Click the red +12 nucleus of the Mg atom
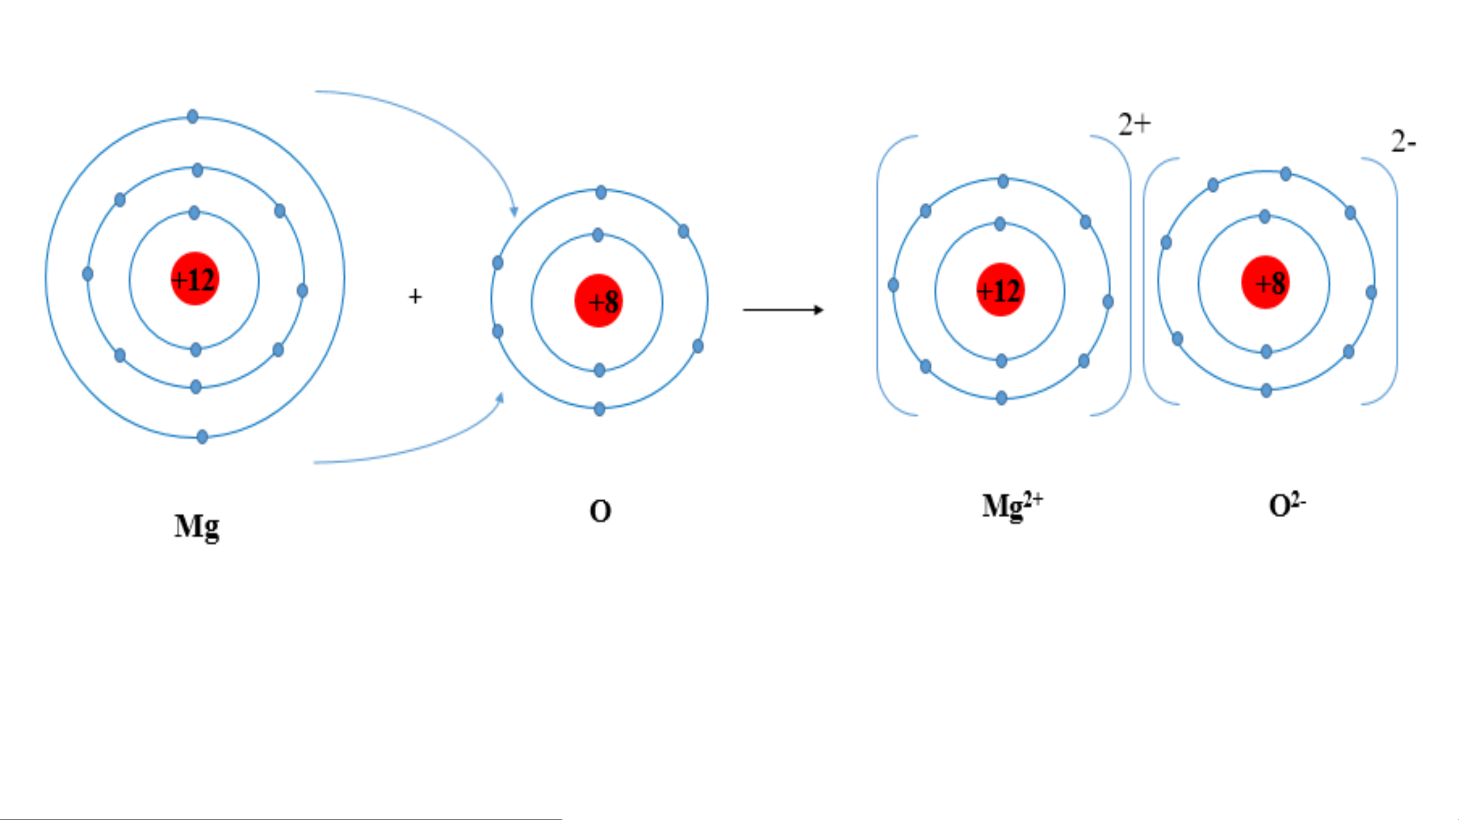pyautogui.click(x=195, y=278)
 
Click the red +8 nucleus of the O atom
pyautogui.click(x=599, y=300)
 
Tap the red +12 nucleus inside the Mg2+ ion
pyautogui.click(x=1001, y=289)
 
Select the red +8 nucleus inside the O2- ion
pyautogui.click(x=1266, y=282)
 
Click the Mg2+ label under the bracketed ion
pyautogui.click(x=1012, y=506)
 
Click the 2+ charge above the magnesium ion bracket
pyautogui.click(x=1134, y=124)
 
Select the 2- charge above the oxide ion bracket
pyautogui.click(x=1403, y=142)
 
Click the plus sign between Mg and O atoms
pyautogui.click(x=415, y=296)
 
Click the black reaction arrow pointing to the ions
pyautogui.click(x=783, y=310)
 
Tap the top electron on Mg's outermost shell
pyautogui.click(x=192, y=116)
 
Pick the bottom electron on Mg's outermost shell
pyautogui.click(x=202, y=437)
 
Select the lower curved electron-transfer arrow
pyautogui.click(x=430, y=445)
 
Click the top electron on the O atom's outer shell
pyautogui.click(x=601, y=192)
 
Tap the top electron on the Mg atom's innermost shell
pyautogui.click(x=193, y=213)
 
